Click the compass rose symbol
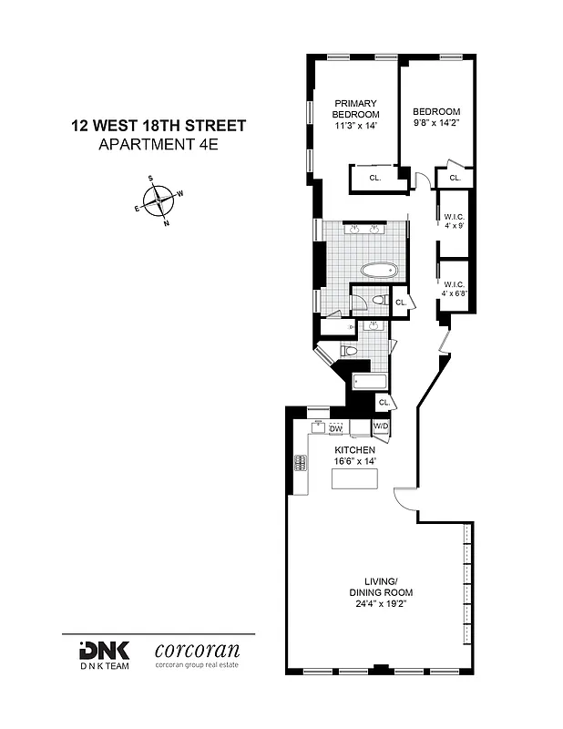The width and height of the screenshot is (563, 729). click(x=159, y=199)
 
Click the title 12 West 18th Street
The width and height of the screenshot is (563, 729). click(x=159, y=127)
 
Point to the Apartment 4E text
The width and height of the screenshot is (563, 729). click(x=159, y=144)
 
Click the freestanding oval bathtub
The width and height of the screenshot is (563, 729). click(x=379, y=271)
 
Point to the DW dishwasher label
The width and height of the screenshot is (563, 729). click(x=335, y=428)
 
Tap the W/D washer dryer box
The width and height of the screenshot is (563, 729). click(x=381, y=426)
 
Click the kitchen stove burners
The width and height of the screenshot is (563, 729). click(x=299, y=463)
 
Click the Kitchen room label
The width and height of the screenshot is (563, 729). click(x=354, y=451)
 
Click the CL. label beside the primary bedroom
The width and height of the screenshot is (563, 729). click(x=374, y=179)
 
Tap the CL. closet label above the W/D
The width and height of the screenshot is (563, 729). click(x=384, y=402)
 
